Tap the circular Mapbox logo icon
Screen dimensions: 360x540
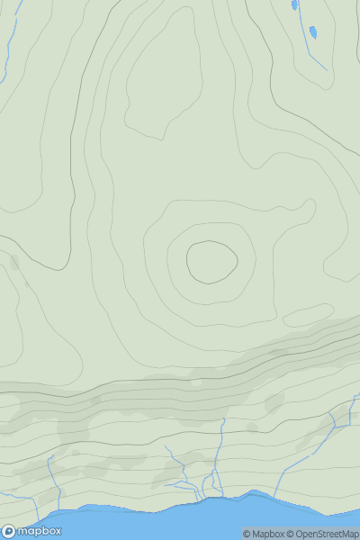tap(8, 531)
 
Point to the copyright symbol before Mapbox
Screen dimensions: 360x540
tap(246, 534)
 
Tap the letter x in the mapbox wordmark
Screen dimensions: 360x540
tap(56, 531)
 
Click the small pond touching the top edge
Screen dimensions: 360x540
tap(294, 4)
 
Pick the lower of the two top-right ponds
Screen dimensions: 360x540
tap(313, 33)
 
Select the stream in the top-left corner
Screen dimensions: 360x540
tap(11, 36)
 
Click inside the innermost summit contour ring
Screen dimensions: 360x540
tap(212, 261)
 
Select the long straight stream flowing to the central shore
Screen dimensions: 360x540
tap(220, 450)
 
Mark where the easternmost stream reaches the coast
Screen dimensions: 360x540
tap(270, 494)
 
